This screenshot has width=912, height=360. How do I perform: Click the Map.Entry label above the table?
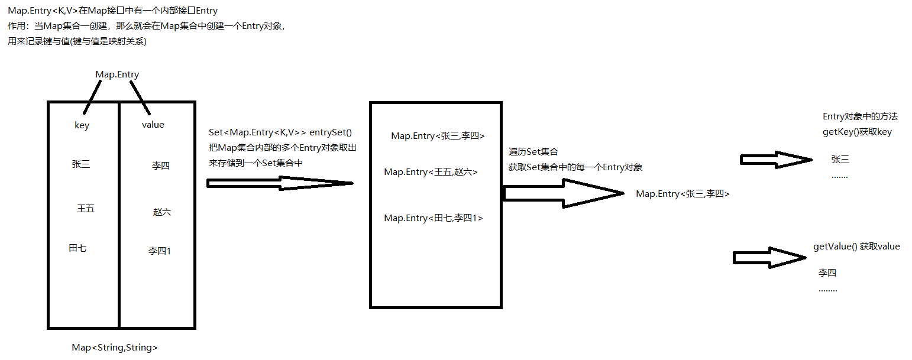tap(117, 74)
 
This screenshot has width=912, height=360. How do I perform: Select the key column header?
tap(82, 125)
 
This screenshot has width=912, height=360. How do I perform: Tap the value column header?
tap(153, 125)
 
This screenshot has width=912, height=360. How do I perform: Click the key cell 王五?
tap(86, 209)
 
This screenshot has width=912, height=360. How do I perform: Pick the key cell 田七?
tap(77, 248)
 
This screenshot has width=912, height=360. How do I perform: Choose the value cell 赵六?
tap(162, 212)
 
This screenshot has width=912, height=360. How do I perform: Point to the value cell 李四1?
tap(160, 251)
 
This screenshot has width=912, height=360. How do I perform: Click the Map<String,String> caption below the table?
tap(115, 348)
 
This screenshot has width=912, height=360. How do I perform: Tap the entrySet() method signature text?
tap(280, 133)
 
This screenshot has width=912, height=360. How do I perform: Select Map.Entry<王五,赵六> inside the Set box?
tap(431, 172)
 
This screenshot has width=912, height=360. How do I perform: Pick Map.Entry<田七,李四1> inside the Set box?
tap(434, 218)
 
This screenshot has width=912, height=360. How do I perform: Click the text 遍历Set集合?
tap(533, 153)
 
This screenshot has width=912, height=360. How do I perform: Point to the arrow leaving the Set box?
tap(562, 193)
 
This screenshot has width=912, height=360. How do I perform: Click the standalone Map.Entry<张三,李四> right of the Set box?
tap(683, 194)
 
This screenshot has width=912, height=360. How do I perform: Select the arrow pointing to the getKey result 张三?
tap(775, 160)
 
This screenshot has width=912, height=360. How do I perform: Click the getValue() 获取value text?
tap(857, 247)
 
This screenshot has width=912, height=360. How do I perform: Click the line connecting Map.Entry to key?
tap(93, 98)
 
